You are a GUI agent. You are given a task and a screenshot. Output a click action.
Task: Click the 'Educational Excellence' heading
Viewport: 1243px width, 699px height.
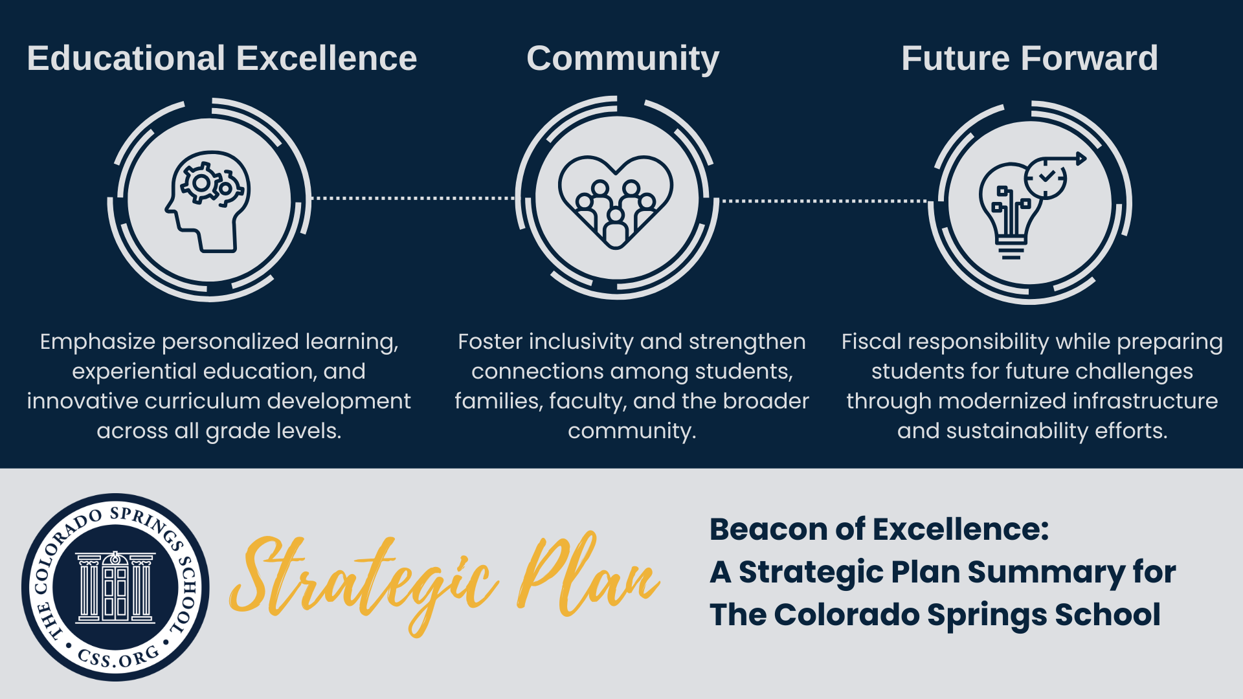pos(222,58)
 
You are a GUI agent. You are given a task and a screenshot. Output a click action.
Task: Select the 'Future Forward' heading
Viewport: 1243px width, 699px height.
pos(1029,58)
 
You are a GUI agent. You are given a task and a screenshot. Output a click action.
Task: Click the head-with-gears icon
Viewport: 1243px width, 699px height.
pos(207,201)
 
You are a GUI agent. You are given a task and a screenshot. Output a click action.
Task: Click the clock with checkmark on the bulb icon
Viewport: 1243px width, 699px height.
pos(1046,178)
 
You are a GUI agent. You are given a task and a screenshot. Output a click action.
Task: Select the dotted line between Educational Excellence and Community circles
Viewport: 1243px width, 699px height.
pos(413,198)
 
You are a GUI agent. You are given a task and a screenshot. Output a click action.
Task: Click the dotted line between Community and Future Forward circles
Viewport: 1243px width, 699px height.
pos(824,201)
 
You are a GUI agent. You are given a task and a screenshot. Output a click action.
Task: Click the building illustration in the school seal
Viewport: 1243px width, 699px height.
pos(115,587)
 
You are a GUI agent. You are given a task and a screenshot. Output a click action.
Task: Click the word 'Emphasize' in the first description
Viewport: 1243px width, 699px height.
pos(98,342)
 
